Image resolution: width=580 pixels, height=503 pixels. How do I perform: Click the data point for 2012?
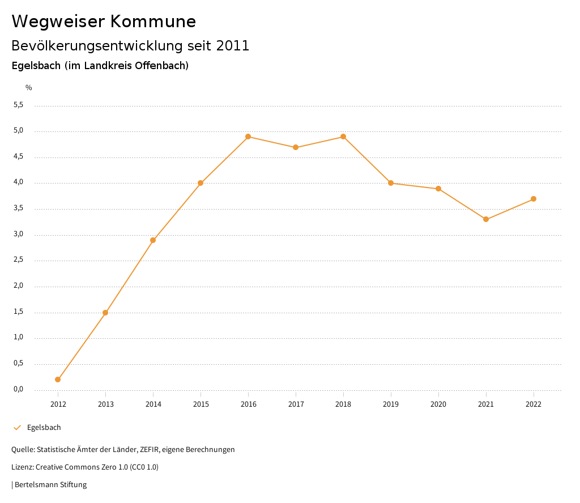coord(58,380)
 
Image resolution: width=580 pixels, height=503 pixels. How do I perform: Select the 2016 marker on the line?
coord(248,137)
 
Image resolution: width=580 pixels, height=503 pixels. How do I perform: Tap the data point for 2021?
coord(486,219)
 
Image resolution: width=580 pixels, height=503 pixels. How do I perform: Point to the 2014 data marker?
coord(153,240)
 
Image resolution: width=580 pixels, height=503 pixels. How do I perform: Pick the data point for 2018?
coord(343,137)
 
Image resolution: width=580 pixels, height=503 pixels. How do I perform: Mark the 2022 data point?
coord(534,199)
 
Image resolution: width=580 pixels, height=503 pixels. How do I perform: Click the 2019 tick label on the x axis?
coord(391,404)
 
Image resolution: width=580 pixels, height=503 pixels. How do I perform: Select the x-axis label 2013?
coord(105,404)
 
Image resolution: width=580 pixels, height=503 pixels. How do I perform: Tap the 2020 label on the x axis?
coord(438,404)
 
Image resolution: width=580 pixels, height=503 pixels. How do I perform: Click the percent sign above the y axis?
coord(29,88)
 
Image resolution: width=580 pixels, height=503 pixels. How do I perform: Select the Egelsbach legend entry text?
coord(44,428)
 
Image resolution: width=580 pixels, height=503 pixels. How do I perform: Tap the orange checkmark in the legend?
coord(17,428)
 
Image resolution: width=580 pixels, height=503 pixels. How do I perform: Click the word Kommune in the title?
coord(153,22)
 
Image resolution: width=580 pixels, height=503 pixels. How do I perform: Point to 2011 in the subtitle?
coord(233,46)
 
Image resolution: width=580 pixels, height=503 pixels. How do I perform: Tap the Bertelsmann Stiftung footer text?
coord(50,485)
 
